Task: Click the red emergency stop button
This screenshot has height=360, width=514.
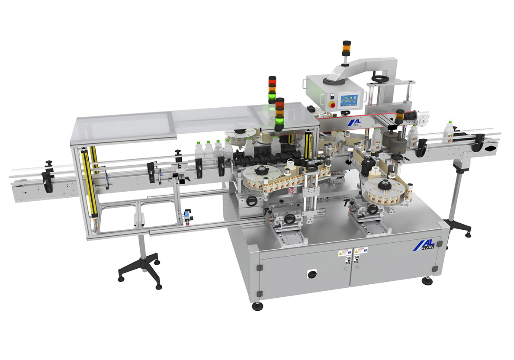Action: (332, 104)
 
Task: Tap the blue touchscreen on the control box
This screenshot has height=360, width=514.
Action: (349, 101)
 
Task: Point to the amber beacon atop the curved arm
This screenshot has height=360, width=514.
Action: (347, 48)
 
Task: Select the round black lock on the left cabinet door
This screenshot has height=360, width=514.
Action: (310, 274)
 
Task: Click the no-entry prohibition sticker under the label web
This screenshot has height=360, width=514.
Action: (292, 190)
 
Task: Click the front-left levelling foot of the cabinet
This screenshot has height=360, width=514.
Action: (258, 305)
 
